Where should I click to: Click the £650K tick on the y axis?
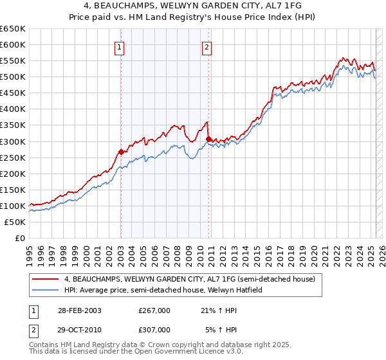pyautogui.click(x=13, y=29)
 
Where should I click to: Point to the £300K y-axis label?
pyautogui.click(x=13, y=141)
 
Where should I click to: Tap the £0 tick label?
pyautogui.click(x=19, y=238)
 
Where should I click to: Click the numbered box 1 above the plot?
pyautogui.click(x=120, y=46)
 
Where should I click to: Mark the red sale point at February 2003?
pyautogui.click(x=121, y=152)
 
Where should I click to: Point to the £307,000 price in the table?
pyautogui.click(x=154, y=329)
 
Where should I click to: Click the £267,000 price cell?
pyautogui.click(x=154, y=310)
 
